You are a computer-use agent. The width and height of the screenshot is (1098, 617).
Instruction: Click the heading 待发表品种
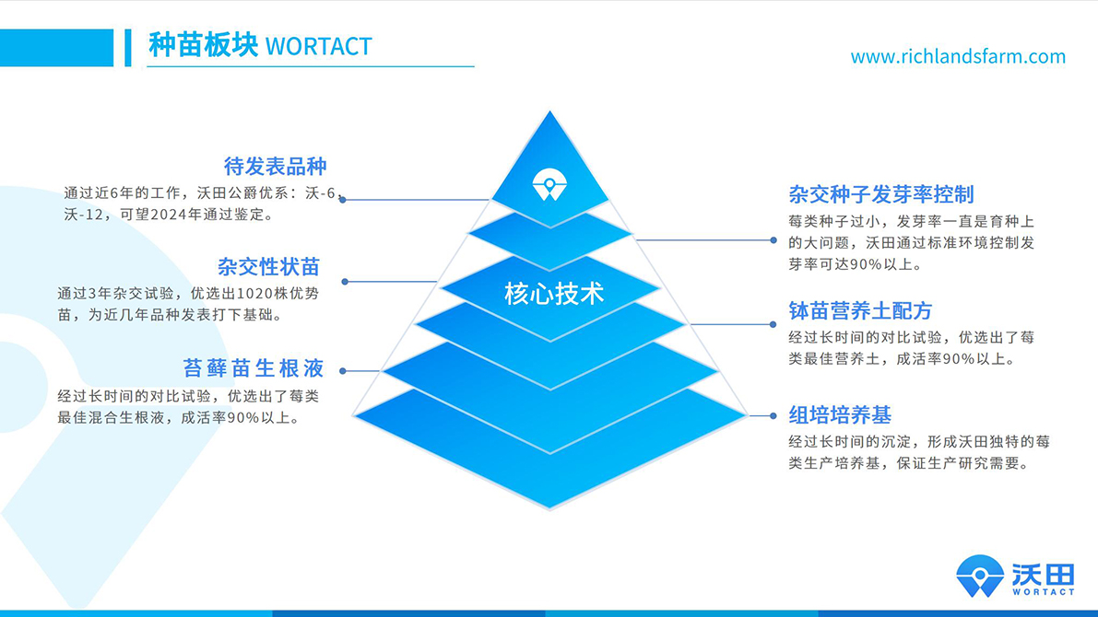(275, 167)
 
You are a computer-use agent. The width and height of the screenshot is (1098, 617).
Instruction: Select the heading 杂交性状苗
(268, 267)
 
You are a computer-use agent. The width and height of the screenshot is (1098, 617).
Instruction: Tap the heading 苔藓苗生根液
(254, 368)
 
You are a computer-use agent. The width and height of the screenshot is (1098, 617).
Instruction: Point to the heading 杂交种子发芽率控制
(880, 194)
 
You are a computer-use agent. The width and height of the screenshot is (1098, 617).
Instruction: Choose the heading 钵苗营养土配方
(860, 310)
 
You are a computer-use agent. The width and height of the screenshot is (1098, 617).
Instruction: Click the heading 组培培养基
(840, 414)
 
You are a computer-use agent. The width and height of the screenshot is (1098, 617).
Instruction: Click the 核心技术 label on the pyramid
(554, 294)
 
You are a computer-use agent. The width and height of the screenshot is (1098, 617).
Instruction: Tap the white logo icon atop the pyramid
(549, 184)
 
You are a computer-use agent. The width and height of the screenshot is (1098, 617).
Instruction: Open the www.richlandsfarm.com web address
(958, 57)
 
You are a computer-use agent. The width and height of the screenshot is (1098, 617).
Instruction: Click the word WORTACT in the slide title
(318, 46)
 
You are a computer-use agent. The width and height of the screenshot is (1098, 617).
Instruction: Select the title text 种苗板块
(203, 45)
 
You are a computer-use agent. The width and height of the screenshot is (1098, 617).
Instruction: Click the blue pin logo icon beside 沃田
(980, 576)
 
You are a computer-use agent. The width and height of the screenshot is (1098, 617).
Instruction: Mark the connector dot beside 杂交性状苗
(345, 282)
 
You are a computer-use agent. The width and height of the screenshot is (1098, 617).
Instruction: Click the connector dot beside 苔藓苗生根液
(343, 371)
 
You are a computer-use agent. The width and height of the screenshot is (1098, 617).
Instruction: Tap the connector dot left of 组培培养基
(774, 416)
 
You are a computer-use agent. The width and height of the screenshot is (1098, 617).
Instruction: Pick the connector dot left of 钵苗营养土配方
(774, 324)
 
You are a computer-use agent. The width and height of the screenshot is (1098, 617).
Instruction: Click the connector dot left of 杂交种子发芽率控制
(774, 240)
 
